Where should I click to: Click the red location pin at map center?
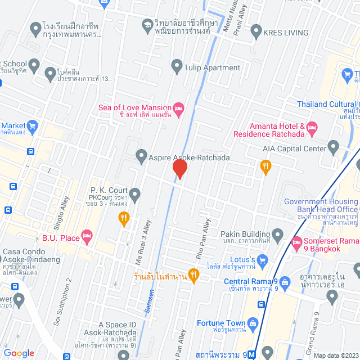coord(179,169)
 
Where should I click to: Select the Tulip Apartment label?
coord(211,67)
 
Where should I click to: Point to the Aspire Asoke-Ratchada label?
coord(189,157)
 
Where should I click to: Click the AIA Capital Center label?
coord(294,148)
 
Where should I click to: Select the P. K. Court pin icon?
coord(135,193)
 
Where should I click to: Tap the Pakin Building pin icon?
coord(277,233)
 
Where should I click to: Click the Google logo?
coord(19,353)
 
